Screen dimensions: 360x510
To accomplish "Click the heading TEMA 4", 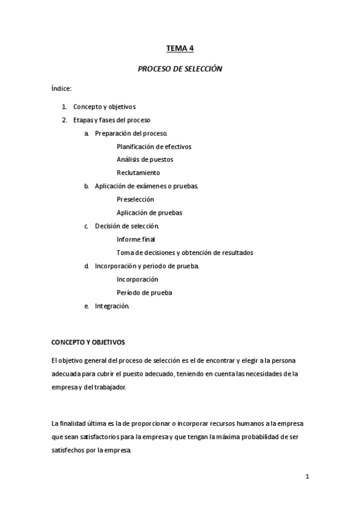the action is coord(180,49).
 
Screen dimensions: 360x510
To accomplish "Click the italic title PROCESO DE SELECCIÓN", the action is coord(180,69).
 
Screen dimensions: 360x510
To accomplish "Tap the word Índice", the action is coord(62,89).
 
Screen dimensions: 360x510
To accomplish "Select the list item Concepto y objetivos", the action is coord(104,106).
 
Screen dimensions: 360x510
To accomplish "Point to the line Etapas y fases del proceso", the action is coord(111,120).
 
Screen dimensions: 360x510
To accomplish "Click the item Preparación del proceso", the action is coord(131,133).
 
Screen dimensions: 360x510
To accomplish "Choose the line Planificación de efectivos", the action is coord(154,146).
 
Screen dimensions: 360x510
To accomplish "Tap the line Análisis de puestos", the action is coord(145,159).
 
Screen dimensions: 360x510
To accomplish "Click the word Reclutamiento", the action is coord(138,173).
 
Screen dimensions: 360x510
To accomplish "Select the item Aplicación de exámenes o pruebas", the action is coord(147,186).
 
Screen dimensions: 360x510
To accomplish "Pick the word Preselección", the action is coord(135,199).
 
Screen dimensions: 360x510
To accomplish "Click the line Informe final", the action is coord(136,239).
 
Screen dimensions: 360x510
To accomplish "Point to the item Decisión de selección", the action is coord(127,226).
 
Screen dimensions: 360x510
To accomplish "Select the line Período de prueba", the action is coord(144,293).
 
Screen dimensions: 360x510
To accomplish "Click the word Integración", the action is coord(112,306).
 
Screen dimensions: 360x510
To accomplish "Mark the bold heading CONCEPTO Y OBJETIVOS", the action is coord(88,342).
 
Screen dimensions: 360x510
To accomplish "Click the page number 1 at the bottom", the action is coord(307,477).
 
